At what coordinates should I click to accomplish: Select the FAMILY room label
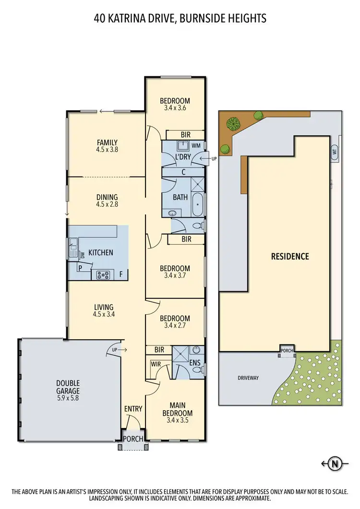pos(107,142)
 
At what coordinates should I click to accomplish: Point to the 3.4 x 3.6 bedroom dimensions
pos(175,108)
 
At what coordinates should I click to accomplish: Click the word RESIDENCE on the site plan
pos(290,256)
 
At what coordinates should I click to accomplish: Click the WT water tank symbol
pos(334,152)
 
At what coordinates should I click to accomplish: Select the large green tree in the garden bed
pos(233,124)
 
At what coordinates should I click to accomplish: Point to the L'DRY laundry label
pos(182,157)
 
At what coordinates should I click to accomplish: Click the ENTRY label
pos(133,409)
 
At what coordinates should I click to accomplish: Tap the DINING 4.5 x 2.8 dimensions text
pos(107,204)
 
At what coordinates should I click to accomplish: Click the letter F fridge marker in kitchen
pos(121,275)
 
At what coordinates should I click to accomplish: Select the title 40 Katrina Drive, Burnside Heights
pos(180,19)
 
